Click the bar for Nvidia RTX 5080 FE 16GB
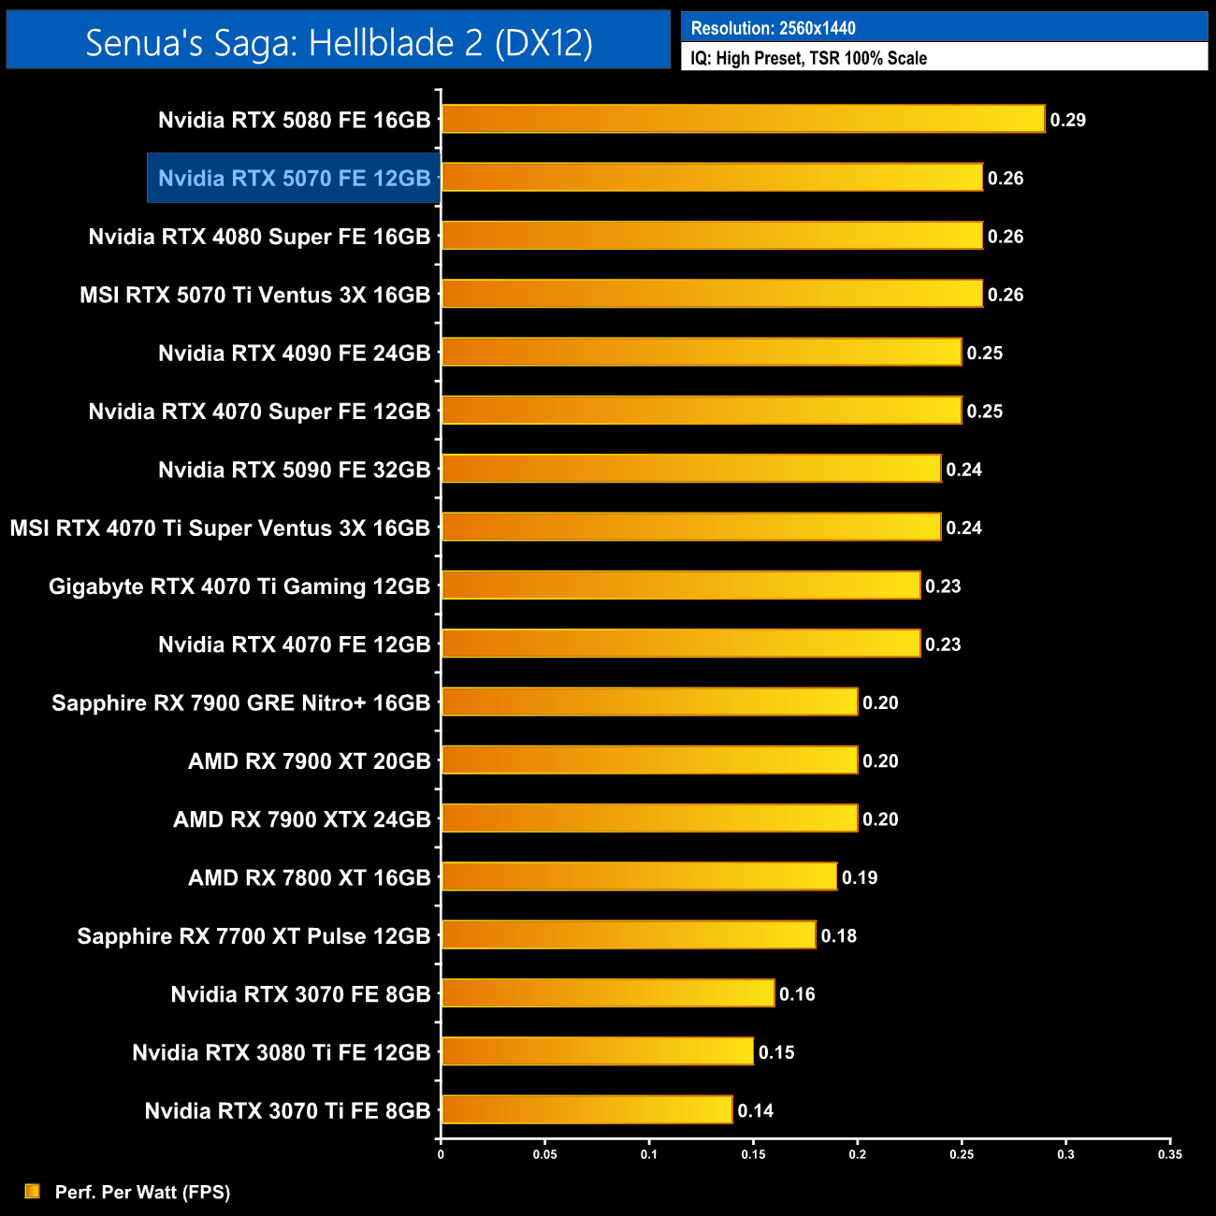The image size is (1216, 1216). (x=743, y=119)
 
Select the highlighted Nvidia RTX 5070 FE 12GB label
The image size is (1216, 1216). (x=294, y=178)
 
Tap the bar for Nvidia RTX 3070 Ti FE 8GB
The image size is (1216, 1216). (x=586, y=1109)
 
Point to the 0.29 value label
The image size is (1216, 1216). (x=1067, y=120)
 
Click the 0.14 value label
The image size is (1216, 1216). (x=755, y=1110)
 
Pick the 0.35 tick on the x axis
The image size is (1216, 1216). (x=1169, y=1154)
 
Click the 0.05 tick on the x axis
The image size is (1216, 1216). (x=544, y=1154)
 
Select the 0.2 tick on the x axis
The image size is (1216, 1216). (x=857, y=1154)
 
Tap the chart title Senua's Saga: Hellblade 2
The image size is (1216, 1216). (x=339, y=42)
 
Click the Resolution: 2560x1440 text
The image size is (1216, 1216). (x=773, y=28)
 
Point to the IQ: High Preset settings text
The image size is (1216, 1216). (x=808, y=58)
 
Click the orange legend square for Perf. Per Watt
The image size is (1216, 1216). (x=33, y=1191)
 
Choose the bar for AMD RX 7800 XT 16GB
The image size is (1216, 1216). (x=639, y=876)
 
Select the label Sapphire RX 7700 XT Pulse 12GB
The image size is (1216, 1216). (x=253, y=935)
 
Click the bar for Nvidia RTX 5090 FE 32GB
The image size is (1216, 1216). (x=690, y=469)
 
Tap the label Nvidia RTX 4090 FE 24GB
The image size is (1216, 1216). (x=294, y=353)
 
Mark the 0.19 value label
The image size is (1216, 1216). (x=859, y=877)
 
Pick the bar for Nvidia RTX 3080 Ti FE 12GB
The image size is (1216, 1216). (x=597, y=1051)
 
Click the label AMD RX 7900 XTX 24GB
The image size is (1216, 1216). (x=301, y=819)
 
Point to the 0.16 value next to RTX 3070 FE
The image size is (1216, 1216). (x=797, y=994)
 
